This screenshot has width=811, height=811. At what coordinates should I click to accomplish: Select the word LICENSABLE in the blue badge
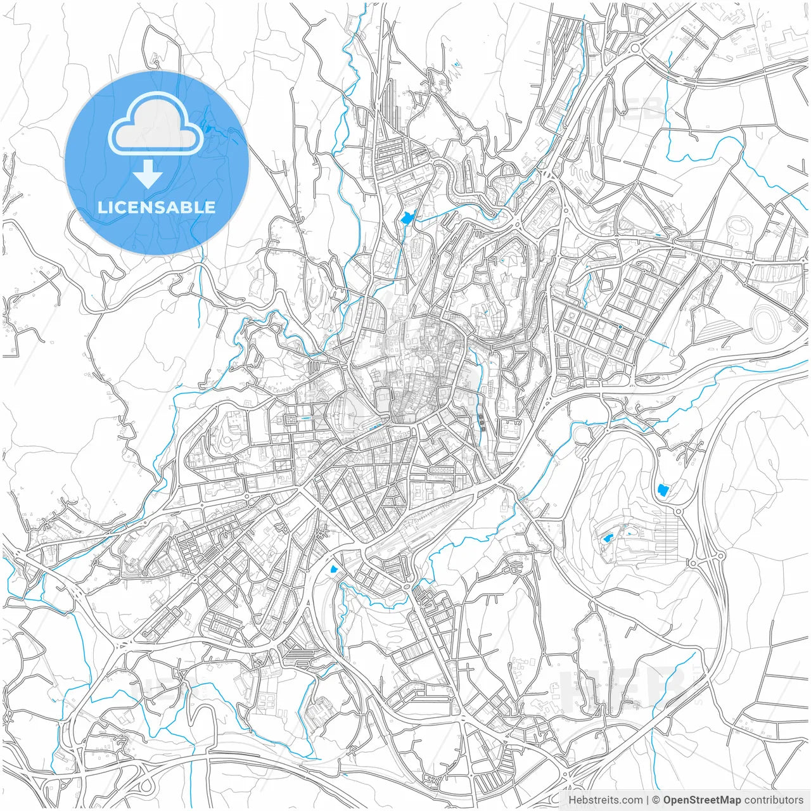156,207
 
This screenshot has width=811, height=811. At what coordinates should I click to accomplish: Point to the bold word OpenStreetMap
702,800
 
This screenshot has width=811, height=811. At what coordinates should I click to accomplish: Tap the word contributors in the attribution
774,800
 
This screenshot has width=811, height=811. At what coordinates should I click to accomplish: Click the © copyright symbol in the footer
656,800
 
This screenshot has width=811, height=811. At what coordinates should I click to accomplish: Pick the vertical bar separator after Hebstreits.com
648,800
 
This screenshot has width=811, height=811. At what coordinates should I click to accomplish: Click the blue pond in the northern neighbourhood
407,219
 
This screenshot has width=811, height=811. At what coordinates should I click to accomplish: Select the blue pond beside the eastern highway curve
663,490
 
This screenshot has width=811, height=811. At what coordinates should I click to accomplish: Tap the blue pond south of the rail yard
334,568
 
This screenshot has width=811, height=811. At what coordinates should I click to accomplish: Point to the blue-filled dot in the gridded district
620,327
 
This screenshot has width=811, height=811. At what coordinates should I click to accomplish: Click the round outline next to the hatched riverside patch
580,435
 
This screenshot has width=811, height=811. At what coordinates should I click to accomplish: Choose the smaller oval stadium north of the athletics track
739,225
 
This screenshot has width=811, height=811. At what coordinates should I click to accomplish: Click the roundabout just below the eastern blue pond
678,511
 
